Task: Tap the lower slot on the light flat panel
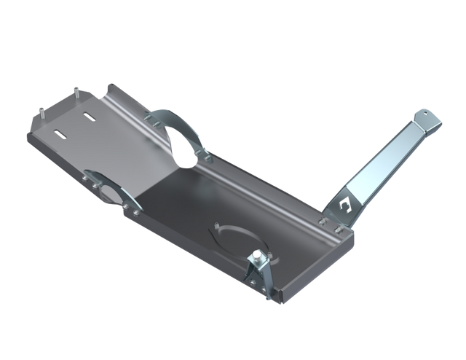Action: pos(60,133)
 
